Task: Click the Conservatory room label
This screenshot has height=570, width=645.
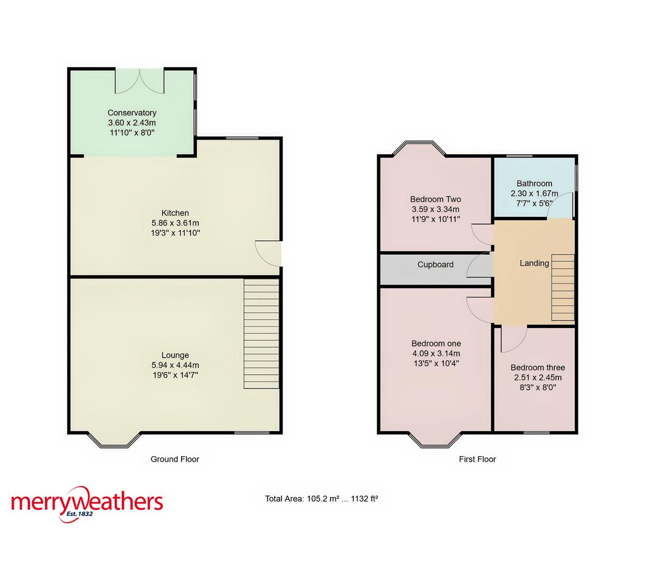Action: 132,112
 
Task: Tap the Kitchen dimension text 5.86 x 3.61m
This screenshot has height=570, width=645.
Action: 175,223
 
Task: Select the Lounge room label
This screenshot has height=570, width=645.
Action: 175,355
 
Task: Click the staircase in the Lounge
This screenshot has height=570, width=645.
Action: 261,334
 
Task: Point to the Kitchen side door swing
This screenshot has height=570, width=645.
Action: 267,253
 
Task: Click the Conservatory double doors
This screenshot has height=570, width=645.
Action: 140,81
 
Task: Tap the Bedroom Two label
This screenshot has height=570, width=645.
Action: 435,199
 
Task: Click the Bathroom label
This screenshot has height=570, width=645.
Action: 534,184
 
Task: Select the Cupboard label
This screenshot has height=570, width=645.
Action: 435,264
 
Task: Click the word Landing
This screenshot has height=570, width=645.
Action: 534,263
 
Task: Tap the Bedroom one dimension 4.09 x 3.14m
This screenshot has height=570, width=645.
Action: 436,354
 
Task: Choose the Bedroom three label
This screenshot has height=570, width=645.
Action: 537,367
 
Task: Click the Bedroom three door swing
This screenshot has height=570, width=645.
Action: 513,340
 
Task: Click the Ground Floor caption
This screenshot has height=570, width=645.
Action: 175,459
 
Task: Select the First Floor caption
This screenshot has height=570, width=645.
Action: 477,459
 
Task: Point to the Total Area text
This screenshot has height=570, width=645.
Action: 321,498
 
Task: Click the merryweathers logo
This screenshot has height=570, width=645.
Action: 87,503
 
